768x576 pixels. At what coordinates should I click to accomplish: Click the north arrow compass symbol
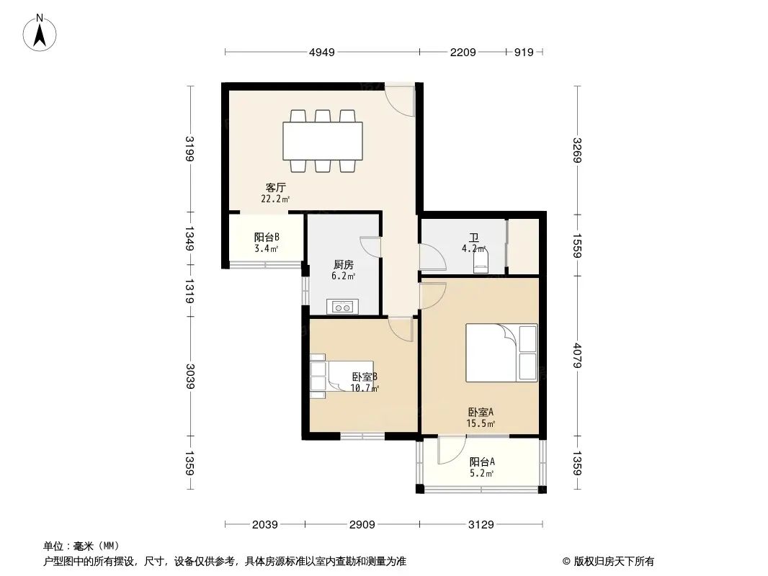pos(40,33)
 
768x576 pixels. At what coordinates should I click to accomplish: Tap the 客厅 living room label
pos(276,187)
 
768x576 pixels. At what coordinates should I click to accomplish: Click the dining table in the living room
pos(322,141)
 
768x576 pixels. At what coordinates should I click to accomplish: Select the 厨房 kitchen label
pos(344,265)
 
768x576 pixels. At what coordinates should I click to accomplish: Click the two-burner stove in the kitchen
pos(342,307)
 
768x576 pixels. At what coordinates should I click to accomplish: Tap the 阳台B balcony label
pos(267,238)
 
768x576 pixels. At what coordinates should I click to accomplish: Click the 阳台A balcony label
pos(482,462)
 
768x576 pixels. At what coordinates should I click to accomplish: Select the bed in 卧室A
pos(501,352)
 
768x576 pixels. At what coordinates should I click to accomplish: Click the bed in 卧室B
pos(341,376)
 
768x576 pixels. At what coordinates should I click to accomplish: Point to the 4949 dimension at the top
pos(322,52)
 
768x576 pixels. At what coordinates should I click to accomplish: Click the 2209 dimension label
pos(463,52)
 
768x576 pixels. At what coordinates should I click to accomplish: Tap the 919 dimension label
pos(524,52)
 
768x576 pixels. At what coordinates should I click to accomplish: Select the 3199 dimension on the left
pos(190,148)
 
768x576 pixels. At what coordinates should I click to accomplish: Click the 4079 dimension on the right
pos(578,356)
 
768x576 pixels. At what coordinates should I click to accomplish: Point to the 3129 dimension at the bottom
pos(481,525)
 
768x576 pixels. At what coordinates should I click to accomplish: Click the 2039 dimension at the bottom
pos(265,525)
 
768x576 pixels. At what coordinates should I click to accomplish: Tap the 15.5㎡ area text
pos(481,424)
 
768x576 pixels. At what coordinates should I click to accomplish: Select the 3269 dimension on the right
pos(578,150)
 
